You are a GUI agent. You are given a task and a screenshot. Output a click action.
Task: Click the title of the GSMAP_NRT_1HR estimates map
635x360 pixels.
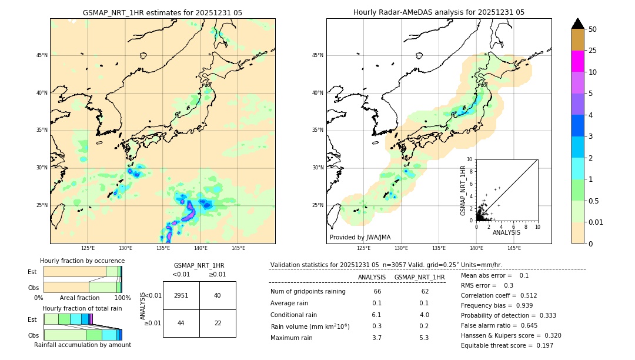coord(162,12)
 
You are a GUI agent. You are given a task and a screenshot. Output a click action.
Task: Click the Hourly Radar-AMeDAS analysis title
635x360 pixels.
coord(439,12)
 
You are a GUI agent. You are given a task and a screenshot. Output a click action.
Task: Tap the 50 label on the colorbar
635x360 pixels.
coord(593,29)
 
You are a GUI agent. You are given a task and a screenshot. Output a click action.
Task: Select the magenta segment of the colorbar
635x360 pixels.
coord(577,61)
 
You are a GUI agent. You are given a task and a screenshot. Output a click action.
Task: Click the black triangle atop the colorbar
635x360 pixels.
coord(577,24)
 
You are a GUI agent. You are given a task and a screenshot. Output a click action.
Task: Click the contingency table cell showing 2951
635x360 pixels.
coord(181,295)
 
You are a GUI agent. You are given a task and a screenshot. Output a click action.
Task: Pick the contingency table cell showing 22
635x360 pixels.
coord(218,323)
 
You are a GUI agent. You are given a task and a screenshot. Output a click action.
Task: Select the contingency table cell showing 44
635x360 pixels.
coord(181,323)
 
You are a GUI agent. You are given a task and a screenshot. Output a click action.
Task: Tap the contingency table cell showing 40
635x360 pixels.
coord(218,295)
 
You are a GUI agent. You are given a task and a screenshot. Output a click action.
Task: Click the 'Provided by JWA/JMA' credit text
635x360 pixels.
coord(360,238)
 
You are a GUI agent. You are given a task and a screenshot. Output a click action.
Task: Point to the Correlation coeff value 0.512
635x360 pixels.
coord(525,296)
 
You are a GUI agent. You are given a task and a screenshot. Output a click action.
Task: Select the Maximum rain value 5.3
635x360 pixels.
coord(423,338)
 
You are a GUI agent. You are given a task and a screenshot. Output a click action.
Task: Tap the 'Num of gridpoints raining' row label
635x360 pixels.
coord(308,292)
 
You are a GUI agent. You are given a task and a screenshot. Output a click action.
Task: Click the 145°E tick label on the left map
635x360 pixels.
coord(238,248)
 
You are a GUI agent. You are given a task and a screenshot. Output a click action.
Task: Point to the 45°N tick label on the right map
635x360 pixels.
coord(317,55)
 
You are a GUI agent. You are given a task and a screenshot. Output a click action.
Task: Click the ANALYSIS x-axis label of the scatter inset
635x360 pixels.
coord(506,232)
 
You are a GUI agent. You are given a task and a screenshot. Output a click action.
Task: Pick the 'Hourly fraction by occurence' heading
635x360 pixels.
coord(82,261)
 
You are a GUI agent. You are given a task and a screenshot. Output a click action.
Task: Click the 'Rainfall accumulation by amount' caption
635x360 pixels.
coord(82,345)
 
